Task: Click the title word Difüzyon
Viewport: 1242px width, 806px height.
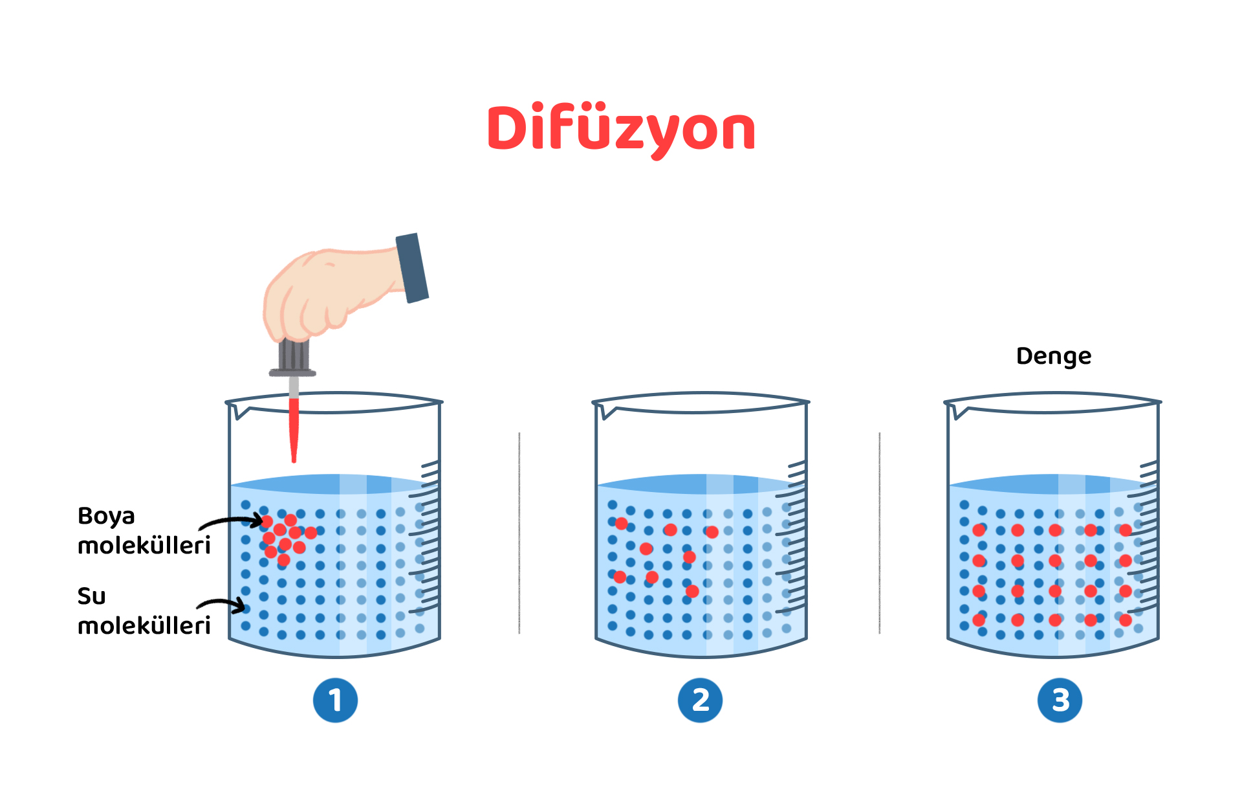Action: pyautogui.click(x=621, y=128)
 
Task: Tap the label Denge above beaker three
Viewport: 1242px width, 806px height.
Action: pyautogui.click(x=1053, y=356)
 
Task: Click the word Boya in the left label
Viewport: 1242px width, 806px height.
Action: pyautogui.click(x=106, y=516)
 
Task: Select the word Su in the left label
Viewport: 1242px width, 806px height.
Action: pyautogui.click(x=91, y=596)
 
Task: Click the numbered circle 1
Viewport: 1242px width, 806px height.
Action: pyautogui.click(x=335, y=700)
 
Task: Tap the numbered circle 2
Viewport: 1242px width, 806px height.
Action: pyautogui.click(x=700, y=700)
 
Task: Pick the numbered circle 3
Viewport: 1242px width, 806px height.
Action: pyautogui.click(x=1060, y=700)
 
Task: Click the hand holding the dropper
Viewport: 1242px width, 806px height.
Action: pyautogui.click(x=323, y=291)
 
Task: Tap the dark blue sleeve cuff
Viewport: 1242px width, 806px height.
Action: pyautogui.click(x=412, y=268)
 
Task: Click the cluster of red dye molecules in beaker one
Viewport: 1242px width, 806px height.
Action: pyautogui.click(x=285, y=537)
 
